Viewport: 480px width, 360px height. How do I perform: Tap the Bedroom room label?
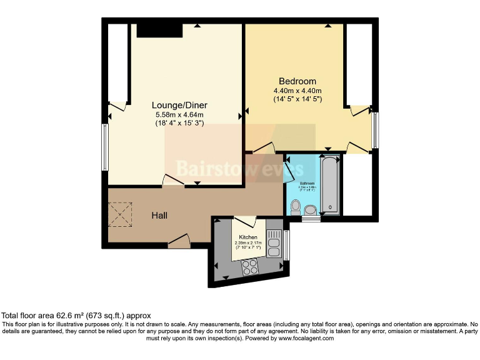[x=297, y=81]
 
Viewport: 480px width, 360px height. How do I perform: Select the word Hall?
[x=159, y=216]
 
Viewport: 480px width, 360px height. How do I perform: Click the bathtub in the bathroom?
[x=329, y=185]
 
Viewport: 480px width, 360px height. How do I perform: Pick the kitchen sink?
[x=274, y=243]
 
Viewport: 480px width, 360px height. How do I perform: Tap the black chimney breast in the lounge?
[x=159, y=29]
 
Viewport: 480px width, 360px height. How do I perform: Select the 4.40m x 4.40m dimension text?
[x=297, y=91]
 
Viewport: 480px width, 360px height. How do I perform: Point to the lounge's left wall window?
[x=106, y=147]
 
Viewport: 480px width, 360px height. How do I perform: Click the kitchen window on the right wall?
[x=286, y=244]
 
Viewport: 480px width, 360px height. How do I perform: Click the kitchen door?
[x=245, y=221]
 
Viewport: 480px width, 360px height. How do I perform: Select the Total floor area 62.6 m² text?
[x=76, y=316]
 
